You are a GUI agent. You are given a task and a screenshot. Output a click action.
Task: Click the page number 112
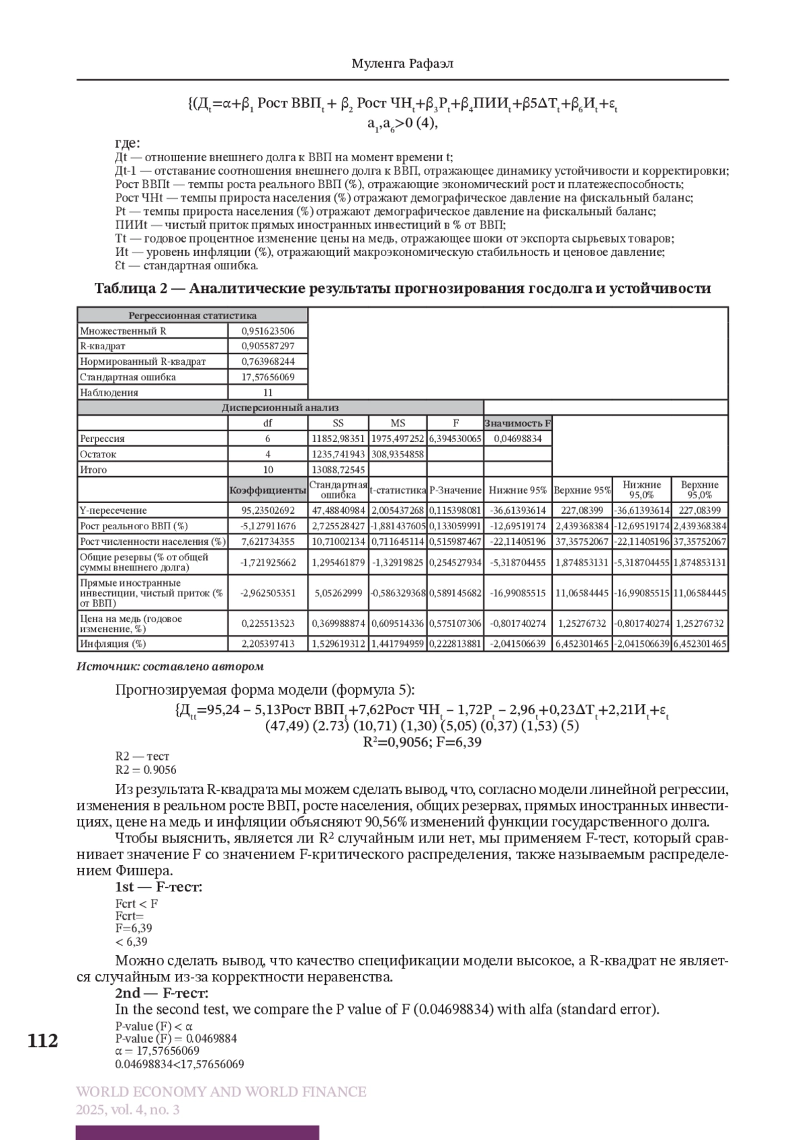pyautogui.click(x=43, y=1041)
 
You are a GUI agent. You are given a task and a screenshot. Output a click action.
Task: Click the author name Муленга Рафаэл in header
pyautogui.click(x=402, y=64)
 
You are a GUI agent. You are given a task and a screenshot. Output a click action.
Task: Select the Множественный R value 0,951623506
pyautogui.click(x=267, y=331)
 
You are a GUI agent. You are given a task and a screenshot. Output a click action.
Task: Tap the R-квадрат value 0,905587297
pyautogui.click(x=267, y=346)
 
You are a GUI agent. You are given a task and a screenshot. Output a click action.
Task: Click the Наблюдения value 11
pyautogui.click(x=267, y=392)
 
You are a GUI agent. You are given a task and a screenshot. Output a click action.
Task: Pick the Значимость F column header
pyautogui.click(x=517, y=423)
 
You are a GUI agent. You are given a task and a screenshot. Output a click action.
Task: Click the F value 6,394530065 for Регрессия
pyautogui.click(x=455, y=439)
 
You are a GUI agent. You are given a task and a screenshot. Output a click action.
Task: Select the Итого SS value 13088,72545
pyautogui.click(x=338, y=470)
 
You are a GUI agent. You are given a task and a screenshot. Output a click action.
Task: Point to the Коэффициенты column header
pyautogui.click(x=267, y=490)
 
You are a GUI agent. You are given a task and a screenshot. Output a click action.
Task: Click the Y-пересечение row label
pyautogui.click(x=114, y=511)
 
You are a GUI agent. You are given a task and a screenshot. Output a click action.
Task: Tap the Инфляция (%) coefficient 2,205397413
pyautogui.click(x=267, y=644)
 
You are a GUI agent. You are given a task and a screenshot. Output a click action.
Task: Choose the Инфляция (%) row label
pyautogui.click(x=113, y=644)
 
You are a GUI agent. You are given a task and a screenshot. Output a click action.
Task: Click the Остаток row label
pyautogui.click(x=98, y=454)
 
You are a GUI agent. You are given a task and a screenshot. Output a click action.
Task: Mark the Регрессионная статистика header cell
pyautogui.click(x=192, y=315)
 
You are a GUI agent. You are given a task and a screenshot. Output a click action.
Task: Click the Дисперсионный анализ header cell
pyautogui.click(x=280, y=408)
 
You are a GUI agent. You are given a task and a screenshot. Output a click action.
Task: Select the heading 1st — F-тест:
pyautogui.click(x=159, y=887)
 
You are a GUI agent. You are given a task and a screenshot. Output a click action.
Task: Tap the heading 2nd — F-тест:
pyautogui.click(x=161, y=993)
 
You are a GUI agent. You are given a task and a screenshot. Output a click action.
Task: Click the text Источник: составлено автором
pyautogui.click(x=170, y=666)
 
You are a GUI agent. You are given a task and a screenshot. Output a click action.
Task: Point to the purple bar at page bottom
pyautogui.click(x=197, y=1133)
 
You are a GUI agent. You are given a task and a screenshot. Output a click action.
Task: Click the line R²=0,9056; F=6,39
pyautogui.click(x=422, y=742)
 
